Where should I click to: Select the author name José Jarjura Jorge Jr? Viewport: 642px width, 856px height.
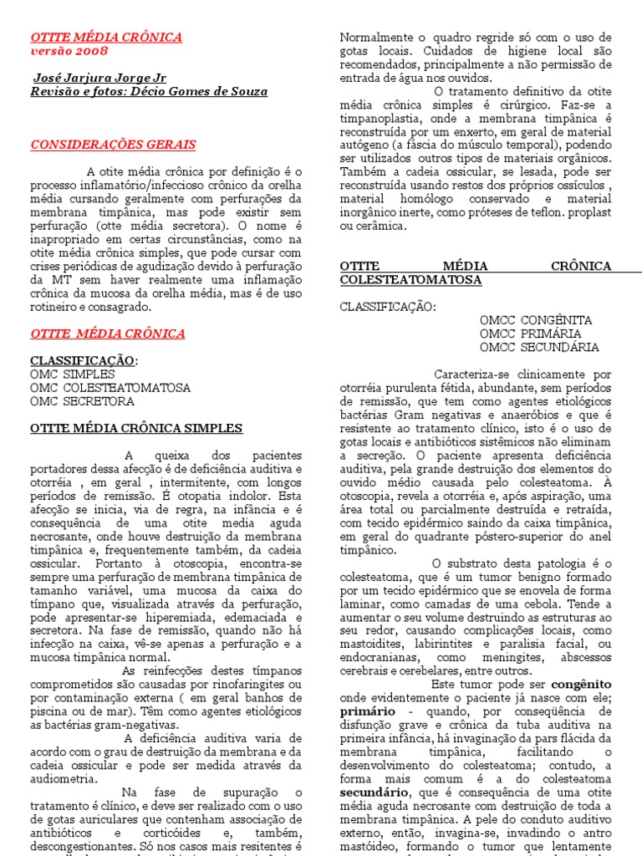click(x=99, y=78)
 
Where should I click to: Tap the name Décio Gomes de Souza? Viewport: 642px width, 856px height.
click(x=196, y=91)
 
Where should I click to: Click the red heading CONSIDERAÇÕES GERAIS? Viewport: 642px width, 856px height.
click(x=113, y=145)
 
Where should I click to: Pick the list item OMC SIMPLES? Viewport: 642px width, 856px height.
click(x=73, y=374)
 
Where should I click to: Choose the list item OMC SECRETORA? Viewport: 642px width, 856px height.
click(x=82, y=401)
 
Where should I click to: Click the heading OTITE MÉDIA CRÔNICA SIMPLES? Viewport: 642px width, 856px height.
click(x=136, y=428)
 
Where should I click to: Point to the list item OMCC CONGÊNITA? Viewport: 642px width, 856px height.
click(x=536, y=320)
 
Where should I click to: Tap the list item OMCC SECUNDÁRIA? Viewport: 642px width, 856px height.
click(x=539, y=347)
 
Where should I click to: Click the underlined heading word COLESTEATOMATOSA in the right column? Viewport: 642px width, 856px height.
click(x=410, y=279)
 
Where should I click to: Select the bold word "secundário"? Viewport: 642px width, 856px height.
click(x=374, y=791)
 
